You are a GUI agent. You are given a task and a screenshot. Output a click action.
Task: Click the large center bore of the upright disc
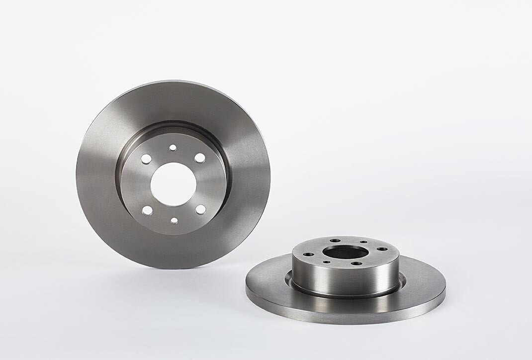coord(173,184)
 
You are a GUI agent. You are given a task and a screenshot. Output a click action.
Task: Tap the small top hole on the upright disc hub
coord(173,148)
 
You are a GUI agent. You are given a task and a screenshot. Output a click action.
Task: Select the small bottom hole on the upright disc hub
coord(174,220)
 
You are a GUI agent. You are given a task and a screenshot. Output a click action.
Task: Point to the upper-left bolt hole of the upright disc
coord(146,159)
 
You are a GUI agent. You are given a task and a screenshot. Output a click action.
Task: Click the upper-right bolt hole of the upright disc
coord(199,158)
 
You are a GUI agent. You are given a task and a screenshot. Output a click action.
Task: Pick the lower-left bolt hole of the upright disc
coord(147,210)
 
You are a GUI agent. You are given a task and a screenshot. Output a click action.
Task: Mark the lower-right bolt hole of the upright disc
coord(200,209)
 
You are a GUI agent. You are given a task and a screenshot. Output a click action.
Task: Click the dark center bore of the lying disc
coord(345,252)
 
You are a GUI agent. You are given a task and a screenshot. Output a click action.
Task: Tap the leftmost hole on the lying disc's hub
coord(308,254)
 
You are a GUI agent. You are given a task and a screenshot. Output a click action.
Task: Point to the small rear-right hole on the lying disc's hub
coord(363,242)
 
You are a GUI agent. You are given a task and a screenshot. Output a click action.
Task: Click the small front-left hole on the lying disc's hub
coord(327,262)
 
